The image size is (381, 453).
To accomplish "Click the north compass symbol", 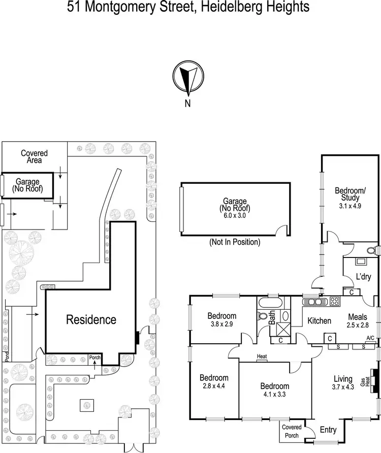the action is click(188, 78).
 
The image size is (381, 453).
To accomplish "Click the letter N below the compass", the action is click(188, 104).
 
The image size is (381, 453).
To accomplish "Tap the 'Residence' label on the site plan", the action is click(91, 320).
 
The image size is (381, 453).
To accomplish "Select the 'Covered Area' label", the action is click(35, 156).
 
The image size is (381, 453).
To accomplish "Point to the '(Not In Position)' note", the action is click(234, 242).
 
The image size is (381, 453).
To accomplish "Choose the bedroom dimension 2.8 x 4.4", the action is click(213, 385).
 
